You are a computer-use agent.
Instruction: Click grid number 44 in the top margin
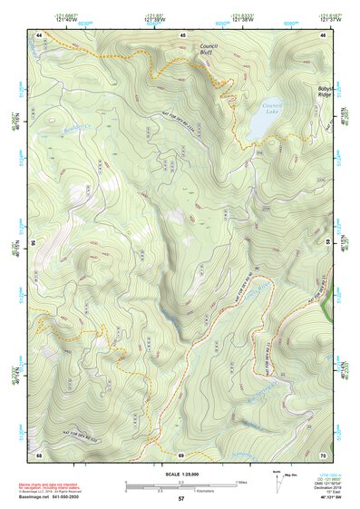(x=39, y=34)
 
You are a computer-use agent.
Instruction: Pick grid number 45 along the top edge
(x=181, y=34)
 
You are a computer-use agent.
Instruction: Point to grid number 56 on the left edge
(x=33, y=243)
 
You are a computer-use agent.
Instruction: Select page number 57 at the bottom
(x=180, y=499)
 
